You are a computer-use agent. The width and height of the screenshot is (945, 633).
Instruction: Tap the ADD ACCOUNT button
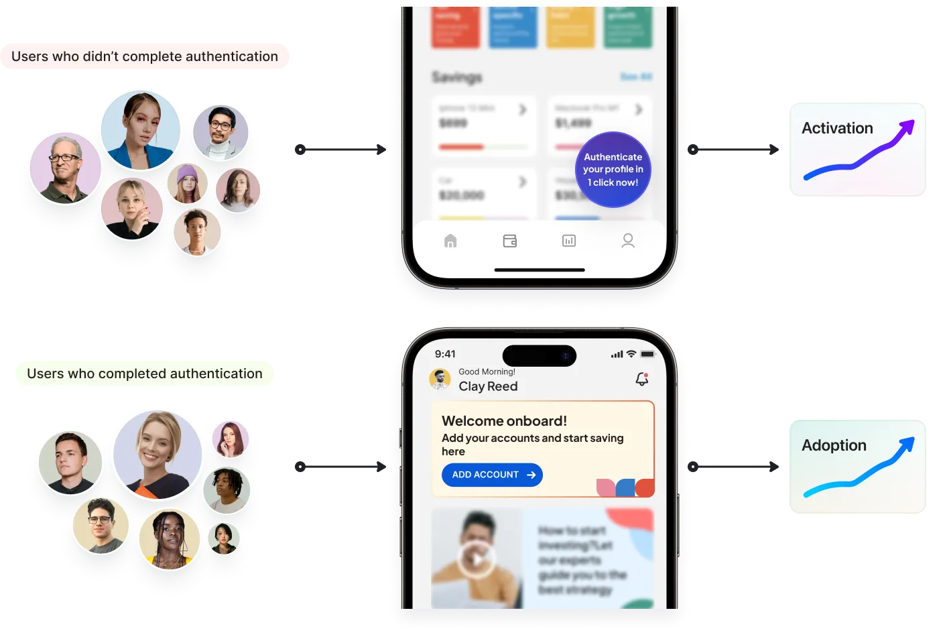[492, 475]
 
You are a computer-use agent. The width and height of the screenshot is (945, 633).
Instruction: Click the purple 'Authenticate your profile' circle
[613, 170]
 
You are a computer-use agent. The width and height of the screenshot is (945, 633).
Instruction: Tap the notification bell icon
[641, 379]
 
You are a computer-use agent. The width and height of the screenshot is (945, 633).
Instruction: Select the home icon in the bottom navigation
[450, 241]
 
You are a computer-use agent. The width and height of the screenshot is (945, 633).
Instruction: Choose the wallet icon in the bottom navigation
[510, 241]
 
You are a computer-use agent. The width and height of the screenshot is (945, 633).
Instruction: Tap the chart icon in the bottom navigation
[569, 241]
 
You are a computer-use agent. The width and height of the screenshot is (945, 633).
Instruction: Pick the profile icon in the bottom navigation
[628, 241]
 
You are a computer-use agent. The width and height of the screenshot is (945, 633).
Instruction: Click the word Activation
[837, 128]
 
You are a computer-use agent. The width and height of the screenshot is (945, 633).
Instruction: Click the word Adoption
[834, 445]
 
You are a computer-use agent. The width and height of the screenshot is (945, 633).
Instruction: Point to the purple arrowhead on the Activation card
[907, 127]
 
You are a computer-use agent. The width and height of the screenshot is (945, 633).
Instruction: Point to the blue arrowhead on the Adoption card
[907, 445]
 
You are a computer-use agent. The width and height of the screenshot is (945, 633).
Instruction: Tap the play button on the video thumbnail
[476, 558]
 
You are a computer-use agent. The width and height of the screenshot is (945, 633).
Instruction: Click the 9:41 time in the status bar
[445, 354]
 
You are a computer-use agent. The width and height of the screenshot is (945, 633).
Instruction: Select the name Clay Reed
[488, 386]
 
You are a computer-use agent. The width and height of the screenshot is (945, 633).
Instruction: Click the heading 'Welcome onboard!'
[504, 421]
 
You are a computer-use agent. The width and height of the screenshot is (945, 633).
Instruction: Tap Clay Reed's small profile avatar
[440, 380]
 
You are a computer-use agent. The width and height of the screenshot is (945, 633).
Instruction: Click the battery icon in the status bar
[647, 354]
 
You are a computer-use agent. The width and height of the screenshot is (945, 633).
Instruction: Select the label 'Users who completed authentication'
[145, 373]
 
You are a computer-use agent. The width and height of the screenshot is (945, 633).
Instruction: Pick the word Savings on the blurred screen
[456, 77]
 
